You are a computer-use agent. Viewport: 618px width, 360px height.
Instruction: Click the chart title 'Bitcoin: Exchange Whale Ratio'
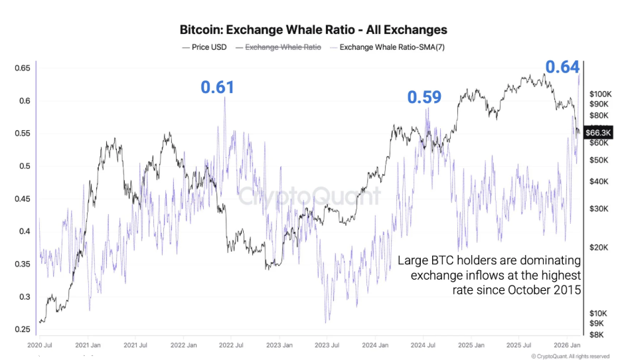tap(313, 30)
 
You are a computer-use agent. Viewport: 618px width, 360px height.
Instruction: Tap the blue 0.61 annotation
tap(218, 87)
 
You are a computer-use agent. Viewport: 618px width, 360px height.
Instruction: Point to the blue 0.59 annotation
tap(424, 98)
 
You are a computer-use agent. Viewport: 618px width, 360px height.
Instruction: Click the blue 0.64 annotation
tap(562, 66)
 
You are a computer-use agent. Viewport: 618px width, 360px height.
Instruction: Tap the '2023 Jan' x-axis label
tap(279, 345)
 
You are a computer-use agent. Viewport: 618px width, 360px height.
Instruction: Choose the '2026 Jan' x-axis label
tap(568, 345)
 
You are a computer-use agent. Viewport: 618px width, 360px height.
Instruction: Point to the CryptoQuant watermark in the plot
tap(309, 197)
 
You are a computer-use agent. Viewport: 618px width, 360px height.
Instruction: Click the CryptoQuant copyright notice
tap(570, 357)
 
